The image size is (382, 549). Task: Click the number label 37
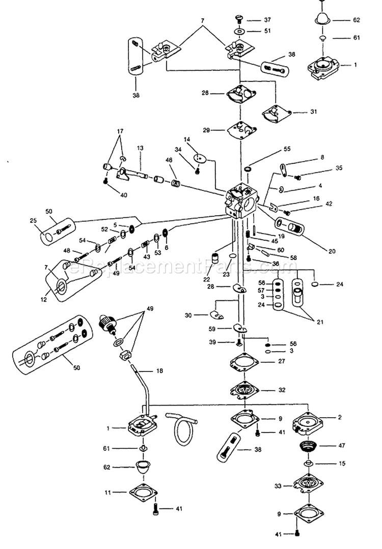click(266, 20)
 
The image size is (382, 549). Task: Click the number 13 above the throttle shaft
click(140, 148)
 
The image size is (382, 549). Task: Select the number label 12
click(43, 300)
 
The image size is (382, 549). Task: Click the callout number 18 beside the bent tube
click(159, 371)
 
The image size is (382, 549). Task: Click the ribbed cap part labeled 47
click(309, 446)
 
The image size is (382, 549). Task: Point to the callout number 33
click(278, 486)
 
